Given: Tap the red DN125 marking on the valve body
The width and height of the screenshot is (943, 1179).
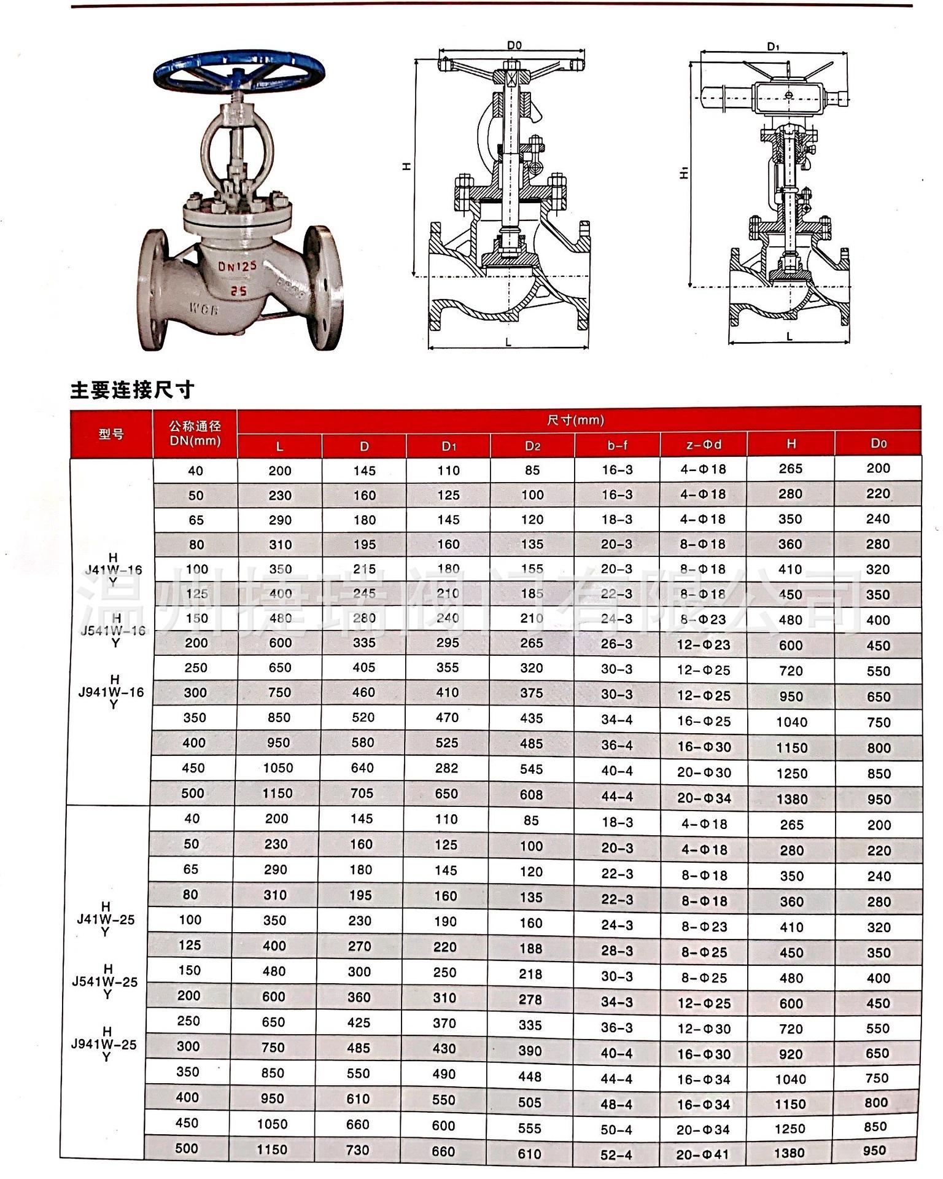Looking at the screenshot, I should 238,266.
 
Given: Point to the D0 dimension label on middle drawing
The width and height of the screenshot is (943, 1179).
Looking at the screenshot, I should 514,45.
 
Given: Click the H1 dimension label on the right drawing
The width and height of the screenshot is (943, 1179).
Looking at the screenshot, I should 684,174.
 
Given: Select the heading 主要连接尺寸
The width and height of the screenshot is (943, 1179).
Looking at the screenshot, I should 132,390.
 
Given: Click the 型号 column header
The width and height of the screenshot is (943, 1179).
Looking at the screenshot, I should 111,434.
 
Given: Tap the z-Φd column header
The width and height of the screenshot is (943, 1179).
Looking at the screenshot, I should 703,445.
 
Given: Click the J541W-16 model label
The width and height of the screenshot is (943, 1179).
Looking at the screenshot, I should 113,630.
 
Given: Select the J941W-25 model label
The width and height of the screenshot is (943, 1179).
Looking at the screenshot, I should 104,1044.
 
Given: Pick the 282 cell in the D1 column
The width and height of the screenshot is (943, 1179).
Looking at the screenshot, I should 447,768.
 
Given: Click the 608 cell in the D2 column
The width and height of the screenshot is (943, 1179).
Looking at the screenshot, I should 531,795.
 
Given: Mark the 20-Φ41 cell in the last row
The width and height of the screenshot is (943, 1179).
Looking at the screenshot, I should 702,1154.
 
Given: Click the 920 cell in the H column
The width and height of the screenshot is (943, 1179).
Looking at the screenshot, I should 790,1054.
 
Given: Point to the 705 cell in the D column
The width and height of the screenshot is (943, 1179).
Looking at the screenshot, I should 362,793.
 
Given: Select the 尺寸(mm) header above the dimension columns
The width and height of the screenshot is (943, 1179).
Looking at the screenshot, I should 575,420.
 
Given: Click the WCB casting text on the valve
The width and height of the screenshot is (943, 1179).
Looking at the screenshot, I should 204,309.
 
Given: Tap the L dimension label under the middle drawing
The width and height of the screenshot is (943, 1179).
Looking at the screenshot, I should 508,343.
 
